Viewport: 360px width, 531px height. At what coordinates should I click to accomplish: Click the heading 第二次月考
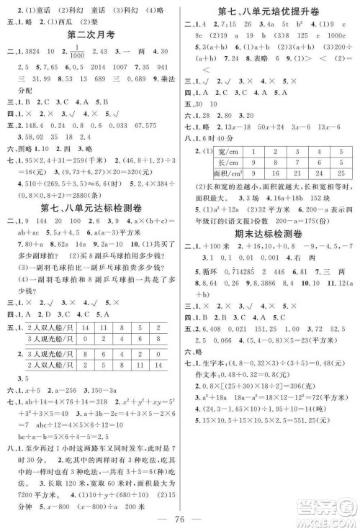[87, 34]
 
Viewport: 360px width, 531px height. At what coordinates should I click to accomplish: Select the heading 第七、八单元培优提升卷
[269, 9]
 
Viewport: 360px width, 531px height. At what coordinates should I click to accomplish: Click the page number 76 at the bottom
[181, 516]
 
